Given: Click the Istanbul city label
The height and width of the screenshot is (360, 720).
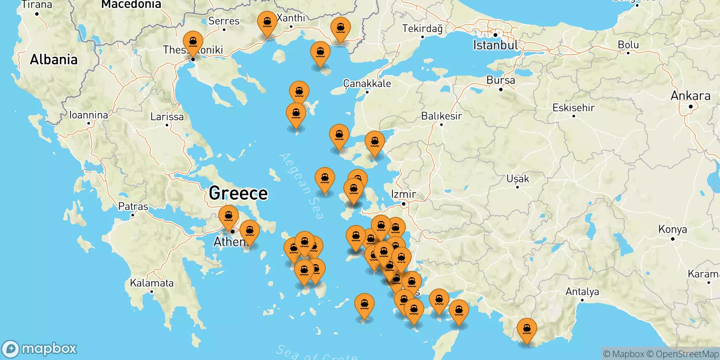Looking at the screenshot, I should [495, 45].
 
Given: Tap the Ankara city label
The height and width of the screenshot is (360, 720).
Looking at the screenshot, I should [690, 96].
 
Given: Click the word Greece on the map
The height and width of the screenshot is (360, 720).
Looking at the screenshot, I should [238, 193].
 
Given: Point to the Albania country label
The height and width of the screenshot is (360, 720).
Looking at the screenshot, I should [54, 59].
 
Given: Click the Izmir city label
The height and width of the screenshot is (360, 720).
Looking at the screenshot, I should [404, 194].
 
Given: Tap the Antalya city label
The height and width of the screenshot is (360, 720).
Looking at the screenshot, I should [582, 292].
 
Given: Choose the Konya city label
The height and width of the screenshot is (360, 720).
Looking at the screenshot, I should [672, 229].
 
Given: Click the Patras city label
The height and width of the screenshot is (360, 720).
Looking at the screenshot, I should [133, 207].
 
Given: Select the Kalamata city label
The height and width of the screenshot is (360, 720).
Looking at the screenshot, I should [152, 283].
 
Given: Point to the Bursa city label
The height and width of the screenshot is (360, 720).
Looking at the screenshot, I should [500, 81].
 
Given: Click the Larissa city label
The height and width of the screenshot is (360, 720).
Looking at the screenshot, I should [167, 117].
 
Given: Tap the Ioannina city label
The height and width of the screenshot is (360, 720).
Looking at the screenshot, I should [89, 115].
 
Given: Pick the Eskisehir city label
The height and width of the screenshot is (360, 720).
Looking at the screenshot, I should [573, 108].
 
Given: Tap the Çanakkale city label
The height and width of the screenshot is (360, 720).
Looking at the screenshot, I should [367, 84].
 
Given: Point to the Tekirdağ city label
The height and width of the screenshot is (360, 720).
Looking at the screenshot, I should [422, 29].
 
